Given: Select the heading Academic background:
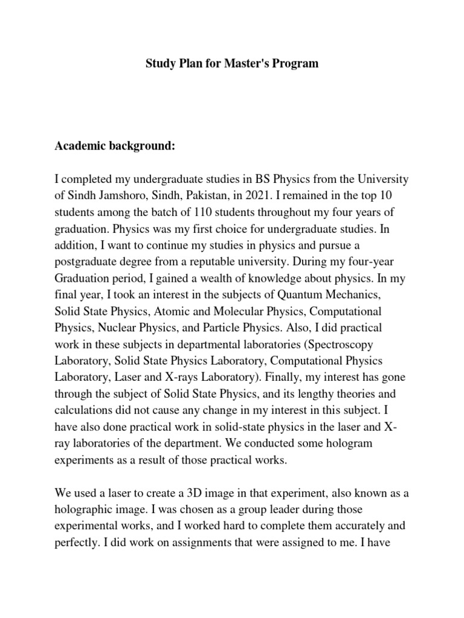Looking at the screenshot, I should [x=115, y=147].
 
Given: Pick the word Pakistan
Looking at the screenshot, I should [x=209, y=197].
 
